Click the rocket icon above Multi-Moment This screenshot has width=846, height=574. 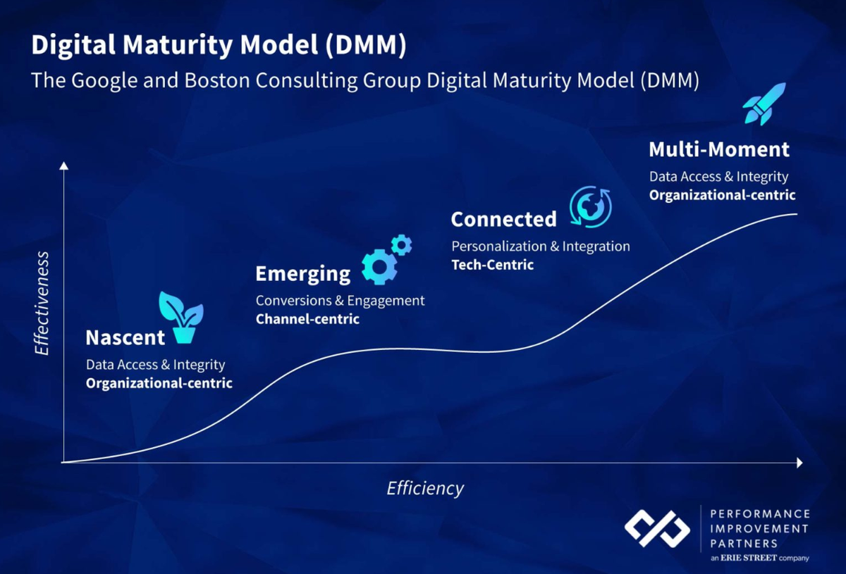click(x=764, y=104)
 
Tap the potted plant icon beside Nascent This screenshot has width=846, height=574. click(x=181, y=318)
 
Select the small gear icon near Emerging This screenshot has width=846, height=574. click(x=401, y=244)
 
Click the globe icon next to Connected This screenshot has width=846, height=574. click(x=590, y=206)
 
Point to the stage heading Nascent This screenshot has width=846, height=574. click(x=125, y=337)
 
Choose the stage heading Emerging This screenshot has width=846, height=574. click(x=302, y=273)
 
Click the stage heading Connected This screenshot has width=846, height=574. click(x=503, y=220)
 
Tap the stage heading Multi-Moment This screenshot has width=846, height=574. click(x=718, y=149)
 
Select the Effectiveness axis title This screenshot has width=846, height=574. click(x=42, y=303)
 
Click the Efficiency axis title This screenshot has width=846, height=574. click(x=425, y=488)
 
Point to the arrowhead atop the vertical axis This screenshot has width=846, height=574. click(x=64, y=166)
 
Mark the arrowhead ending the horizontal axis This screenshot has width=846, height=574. click(x=799, y=463)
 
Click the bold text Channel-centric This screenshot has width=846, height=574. click(x=307, y=319)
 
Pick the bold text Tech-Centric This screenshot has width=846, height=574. click(x=492, y=265)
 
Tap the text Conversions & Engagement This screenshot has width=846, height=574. click(x=340, y=301)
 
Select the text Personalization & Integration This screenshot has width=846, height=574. click(x=540, y=247)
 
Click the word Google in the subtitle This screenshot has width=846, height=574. click(x=105, y=80)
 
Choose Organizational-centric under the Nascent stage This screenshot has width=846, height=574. click(x=159, y=383)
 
